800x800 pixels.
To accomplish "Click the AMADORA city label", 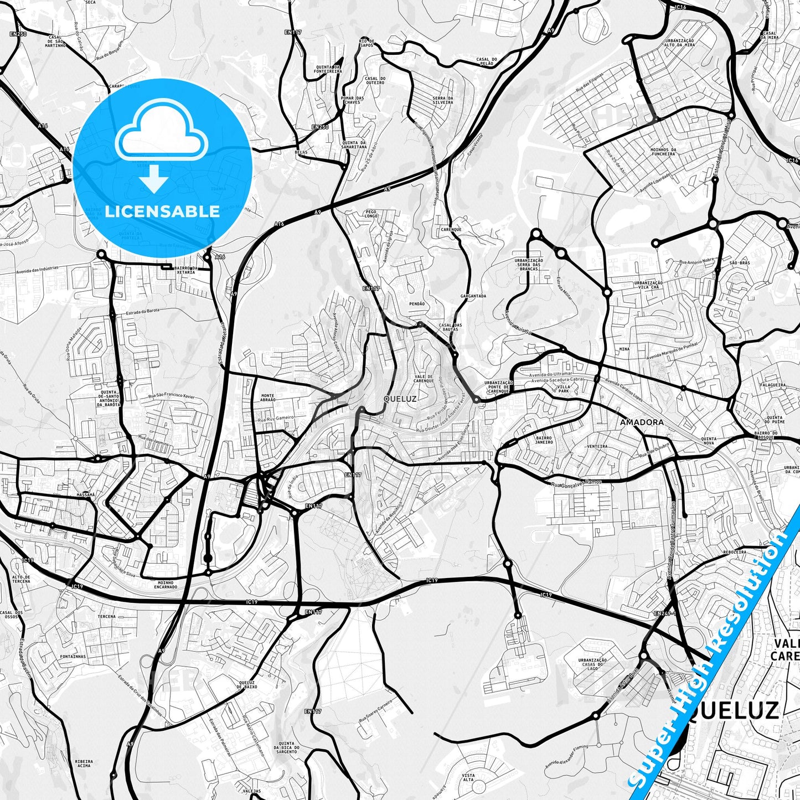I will (642, 422).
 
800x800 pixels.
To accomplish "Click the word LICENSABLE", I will (162, 211).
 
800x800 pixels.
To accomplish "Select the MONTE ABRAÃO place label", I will (267, 397).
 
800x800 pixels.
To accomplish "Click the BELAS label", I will (302, 151).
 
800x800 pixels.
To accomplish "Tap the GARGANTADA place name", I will (473, 296).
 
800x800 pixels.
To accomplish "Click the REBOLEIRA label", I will (735, 552).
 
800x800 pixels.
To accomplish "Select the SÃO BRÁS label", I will (740, 263).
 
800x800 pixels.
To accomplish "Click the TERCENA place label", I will (107, 616).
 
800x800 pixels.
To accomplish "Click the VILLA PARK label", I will (563, 389).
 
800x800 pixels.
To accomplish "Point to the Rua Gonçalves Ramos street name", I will (576, 483).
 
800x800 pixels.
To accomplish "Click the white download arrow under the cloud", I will (154, 178).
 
